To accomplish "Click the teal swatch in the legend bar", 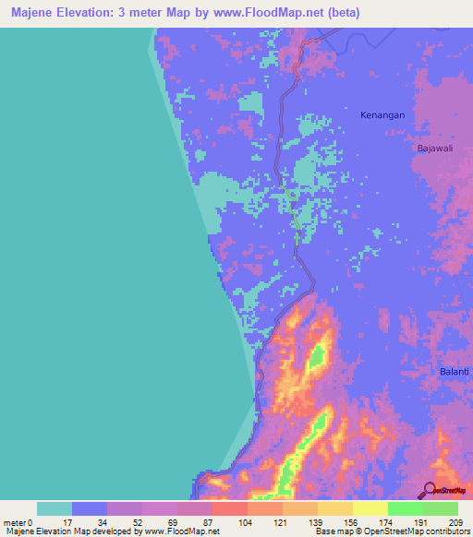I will (55, 508).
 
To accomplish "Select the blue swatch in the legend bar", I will (90, 508).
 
